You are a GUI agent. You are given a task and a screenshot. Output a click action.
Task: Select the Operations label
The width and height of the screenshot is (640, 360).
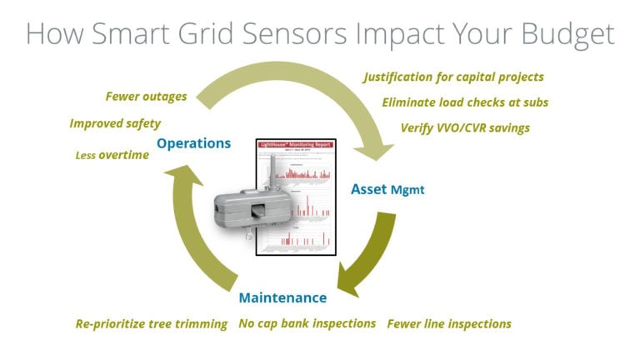tap(193, 143)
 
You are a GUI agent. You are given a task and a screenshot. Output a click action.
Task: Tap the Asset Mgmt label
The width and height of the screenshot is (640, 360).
tap(387, 189)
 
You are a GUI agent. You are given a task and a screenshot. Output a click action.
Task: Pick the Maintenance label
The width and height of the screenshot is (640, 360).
tap(282, 297)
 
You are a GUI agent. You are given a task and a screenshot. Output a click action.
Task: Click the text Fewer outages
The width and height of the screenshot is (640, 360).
tap(146, 97)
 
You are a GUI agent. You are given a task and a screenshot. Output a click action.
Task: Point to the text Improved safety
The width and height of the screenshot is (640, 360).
tap(115, 123)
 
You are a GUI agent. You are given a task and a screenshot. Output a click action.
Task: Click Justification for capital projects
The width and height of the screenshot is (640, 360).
tap(453, 77)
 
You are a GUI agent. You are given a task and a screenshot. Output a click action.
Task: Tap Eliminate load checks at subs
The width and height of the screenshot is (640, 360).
tap(465, 102)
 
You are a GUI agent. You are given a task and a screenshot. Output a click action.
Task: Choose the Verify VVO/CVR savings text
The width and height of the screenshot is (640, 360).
tap(464, 127)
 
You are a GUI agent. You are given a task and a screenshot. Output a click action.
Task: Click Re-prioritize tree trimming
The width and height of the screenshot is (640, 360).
tap(151, 323)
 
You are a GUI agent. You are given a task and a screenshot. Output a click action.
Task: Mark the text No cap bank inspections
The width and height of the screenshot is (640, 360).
tap(307, 323)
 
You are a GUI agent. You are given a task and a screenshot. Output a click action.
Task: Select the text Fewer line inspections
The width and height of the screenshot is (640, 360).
tap(448, 323)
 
